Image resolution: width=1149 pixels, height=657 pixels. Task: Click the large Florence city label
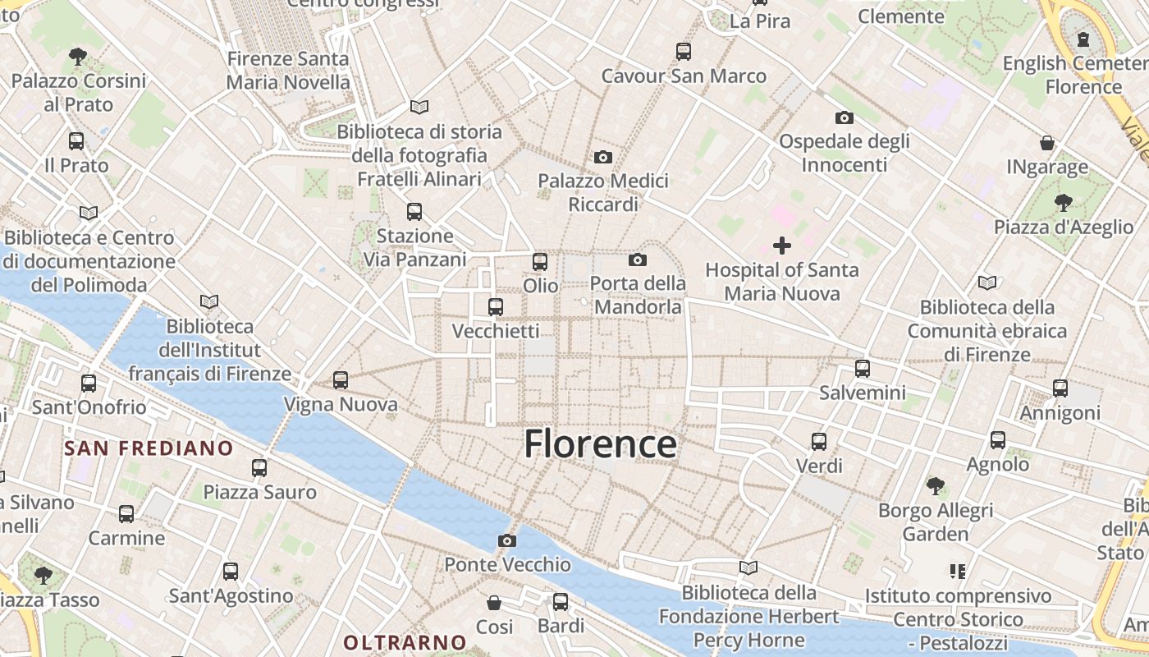tap(600, 444)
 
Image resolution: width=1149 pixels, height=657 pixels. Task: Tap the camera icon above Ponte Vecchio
tap(507, 540)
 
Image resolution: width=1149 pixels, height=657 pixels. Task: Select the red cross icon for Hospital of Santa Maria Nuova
tap(782, 245)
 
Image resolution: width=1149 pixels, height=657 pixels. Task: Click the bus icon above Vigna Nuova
tap(341, 380)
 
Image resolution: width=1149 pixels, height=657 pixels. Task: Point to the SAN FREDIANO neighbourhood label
tap(149, 448)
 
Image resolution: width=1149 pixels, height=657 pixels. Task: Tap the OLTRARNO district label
tap(405, 642)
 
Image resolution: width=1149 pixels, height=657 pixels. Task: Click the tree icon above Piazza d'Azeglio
tap(1063, 202)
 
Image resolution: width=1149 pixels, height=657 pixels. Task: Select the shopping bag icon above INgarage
tap(1047, 143)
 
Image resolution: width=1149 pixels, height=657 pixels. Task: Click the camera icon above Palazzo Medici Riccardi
tap(603, 157)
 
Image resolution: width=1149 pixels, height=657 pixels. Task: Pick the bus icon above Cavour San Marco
tap(684, 52)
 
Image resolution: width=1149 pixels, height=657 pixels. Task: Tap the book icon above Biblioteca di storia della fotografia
tap(419, 107)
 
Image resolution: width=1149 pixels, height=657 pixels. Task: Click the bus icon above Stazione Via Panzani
tap(414, 212)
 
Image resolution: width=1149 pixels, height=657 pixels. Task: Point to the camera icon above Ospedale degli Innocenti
tap(844, 118)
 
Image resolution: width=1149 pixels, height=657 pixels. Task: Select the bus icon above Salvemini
tap(862, 369)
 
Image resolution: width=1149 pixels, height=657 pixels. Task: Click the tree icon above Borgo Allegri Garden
tap(936, 486)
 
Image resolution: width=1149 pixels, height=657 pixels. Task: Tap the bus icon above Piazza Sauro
tap(259, 468)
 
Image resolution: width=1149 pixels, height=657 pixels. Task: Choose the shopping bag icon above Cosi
tap(494, 603)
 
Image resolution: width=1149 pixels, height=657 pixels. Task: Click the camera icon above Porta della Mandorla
tap(638, 260)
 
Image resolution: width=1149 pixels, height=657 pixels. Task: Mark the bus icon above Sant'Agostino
tap(231, 572)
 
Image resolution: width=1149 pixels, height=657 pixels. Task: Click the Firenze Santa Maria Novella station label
tap(288, 71)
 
